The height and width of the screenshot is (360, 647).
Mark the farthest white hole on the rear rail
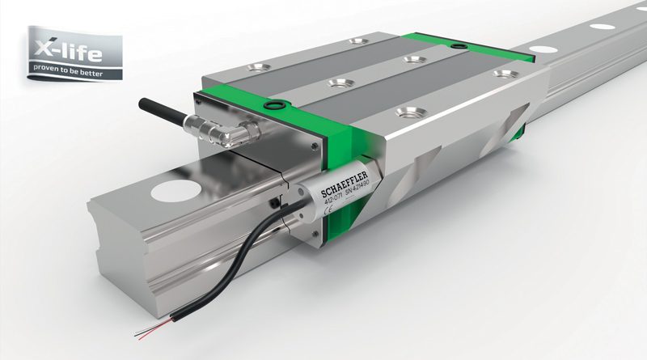click(600, 28)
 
